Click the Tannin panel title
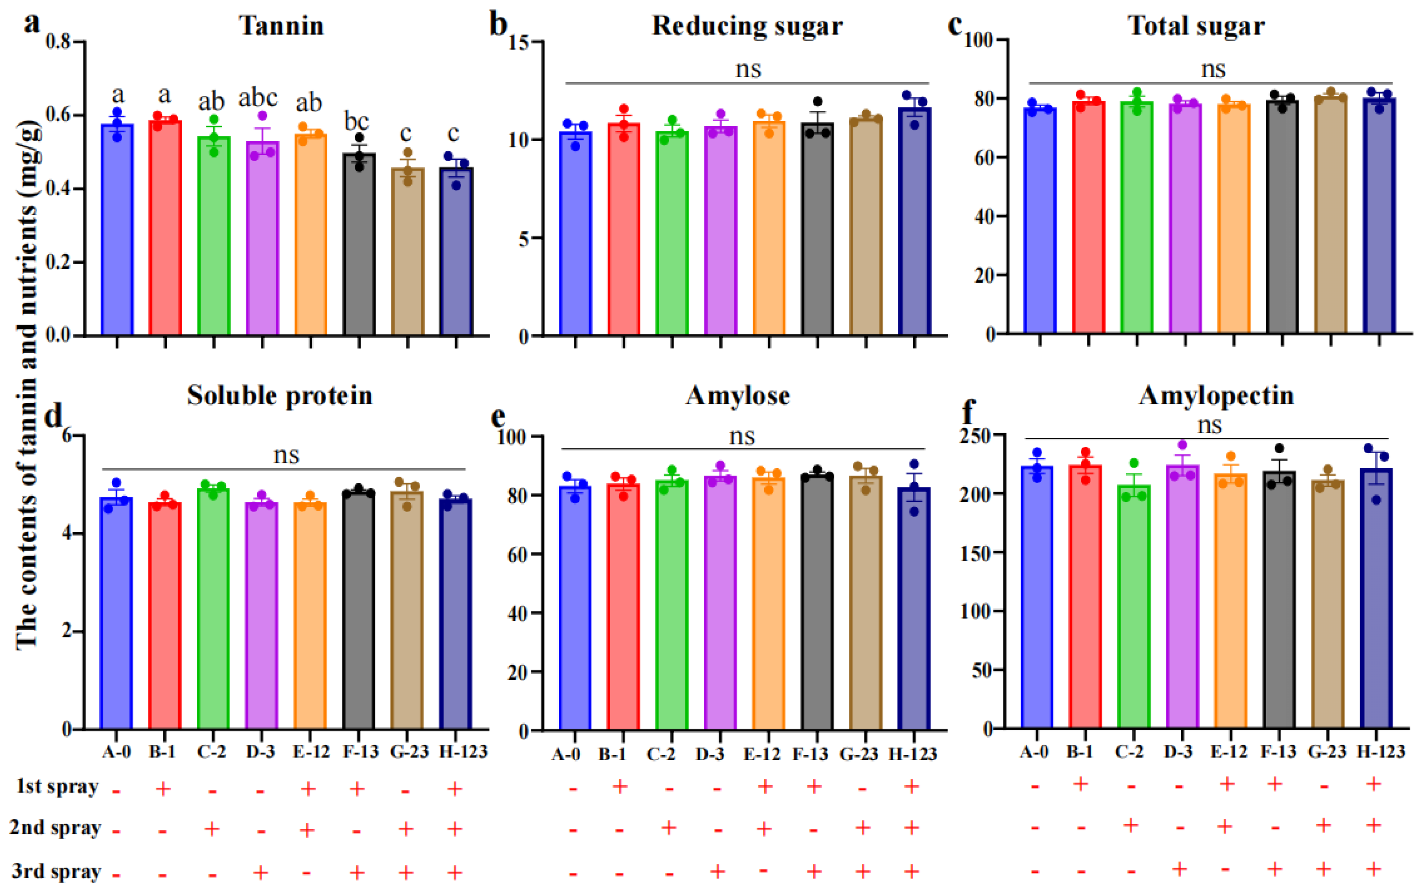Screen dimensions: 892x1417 click(281, 26)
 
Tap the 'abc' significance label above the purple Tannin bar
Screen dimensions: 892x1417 click(258, 98)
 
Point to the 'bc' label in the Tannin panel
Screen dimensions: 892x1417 click(357, 122)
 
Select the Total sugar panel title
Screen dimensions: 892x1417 click(1196, 26)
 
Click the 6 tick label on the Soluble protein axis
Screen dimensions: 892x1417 click(66, 436)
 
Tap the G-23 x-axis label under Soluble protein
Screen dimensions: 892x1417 click(409, 752)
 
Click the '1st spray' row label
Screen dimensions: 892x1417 click(57, 787)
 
